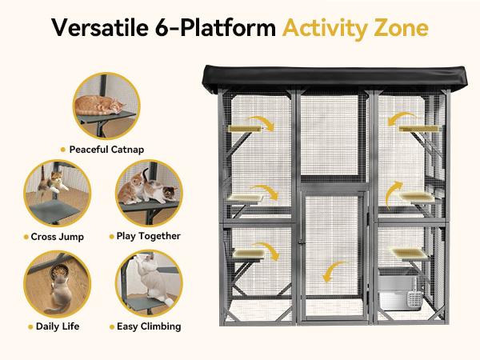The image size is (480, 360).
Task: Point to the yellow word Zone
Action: pos(402,27)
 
